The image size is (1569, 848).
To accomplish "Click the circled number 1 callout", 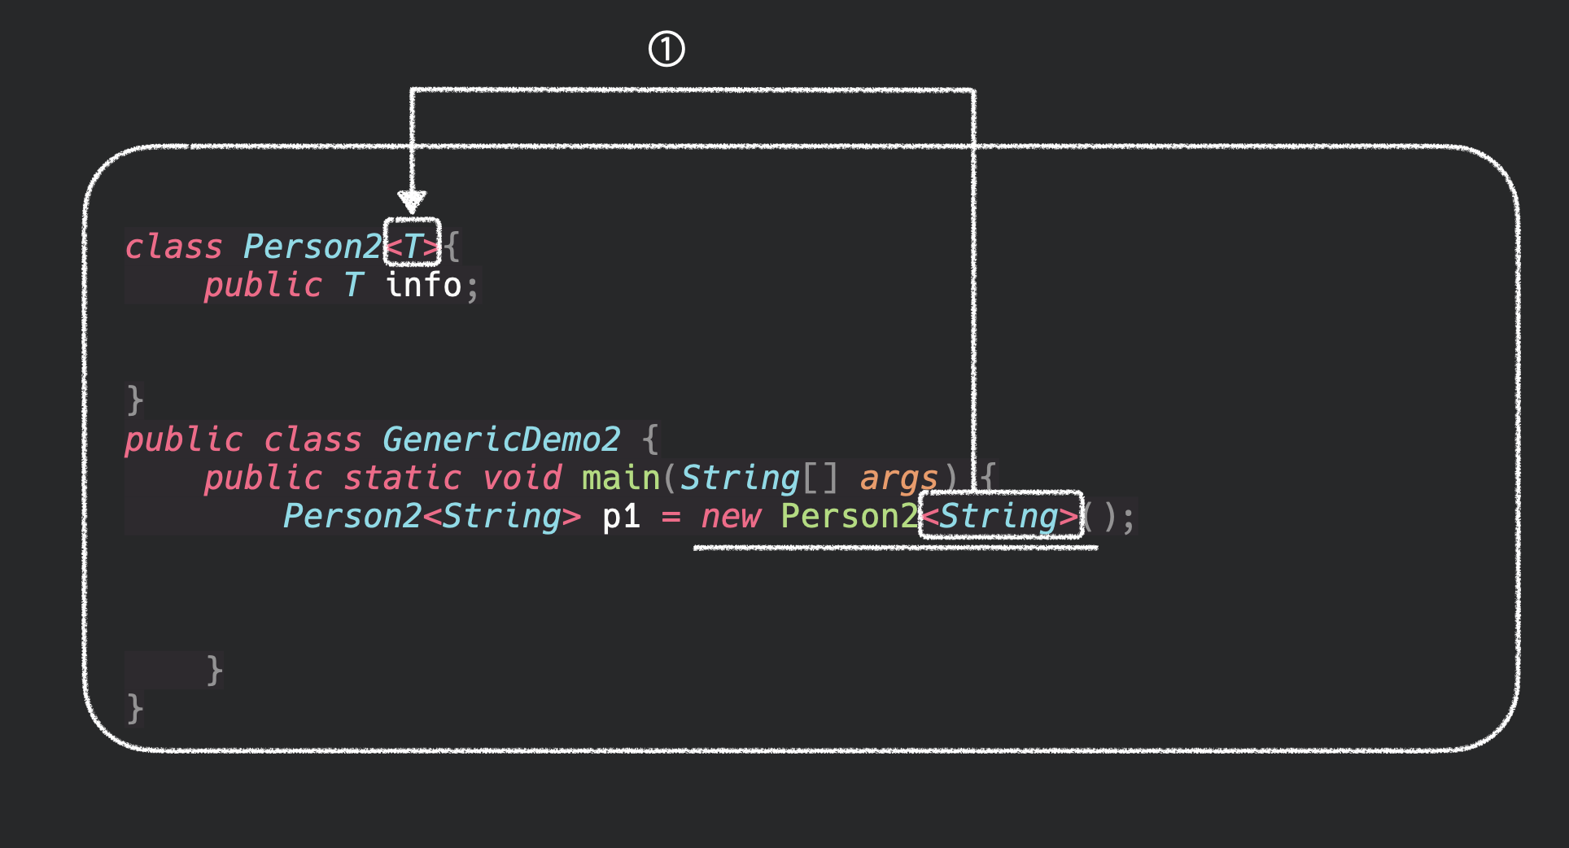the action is tap(666, 49).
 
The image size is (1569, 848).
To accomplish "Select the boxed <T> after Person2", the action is tap(413, 243).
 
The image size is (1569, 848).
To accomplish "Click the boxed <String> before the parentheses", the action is tap(1001, 515).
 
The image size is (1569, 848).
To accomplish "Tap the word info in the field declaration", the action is tap(424, 285).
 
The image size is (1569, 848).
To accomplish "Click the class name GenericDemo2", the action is tap(501, 439).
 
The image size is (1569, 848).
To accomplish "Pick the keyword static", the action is tap(402, 478).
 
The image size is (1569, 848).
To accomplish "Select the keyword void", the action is tap(522, 478).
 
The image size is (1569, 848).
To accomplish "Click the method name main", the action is tap(620, 478).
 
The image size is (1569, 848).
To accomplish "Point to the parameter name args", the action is tap(898, 478).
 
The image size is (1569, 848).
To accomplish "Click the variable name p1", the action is tap(621, 516).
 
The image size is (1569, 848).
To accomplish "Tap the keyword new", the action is tap(730, 516).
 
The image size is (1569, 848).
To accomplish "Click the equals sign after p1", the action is tap(671, 517).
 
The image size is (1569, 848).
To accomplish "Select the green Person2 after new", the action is tap(849, 516).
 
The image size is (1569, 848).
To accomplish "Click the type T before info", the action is tap(353, 285).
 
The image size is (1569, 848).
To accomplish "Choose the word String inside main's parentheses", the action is tap(740, 478).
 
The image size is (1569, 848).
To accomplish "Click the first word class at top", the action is tap(173, 247).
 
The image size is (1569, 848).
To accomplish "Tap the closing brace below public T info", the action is tap(135, 400).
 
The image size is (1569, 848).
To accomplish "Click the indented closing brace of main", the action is tap(214, 671).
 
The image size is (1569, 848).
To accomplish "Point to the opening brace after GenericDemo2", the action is tap(649, 439).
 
